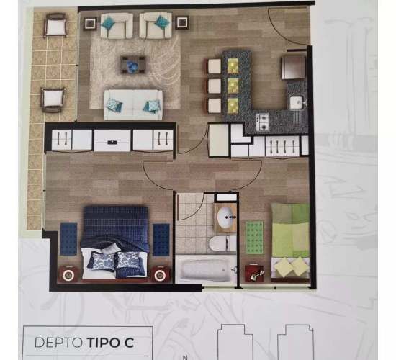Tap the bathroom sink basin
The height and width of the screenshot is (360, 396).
(x=225, y=215)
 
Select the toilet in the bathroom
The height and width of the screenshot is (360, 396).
(x=219, y=243)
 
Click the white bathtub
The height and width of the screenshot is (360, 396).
(x=206, y=271)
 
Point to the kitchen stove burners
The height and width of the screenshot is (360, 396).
(x=260, y=121)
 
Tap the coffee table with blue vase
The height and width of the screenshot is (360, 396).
(x=132, y=66)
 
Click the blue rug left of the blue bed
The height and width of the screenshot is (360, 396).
(x=68, y=239)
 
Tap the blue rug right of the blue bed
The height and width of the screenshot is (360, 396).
(x=161, y=239)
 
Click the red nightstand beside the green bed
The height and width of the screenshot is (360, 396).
(x=255, y=273)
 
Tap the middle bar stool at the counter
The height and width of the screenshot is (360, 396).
(x=215, y=86)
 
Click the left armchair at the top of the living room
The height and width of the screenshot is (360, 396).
(x=117, y=26)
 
